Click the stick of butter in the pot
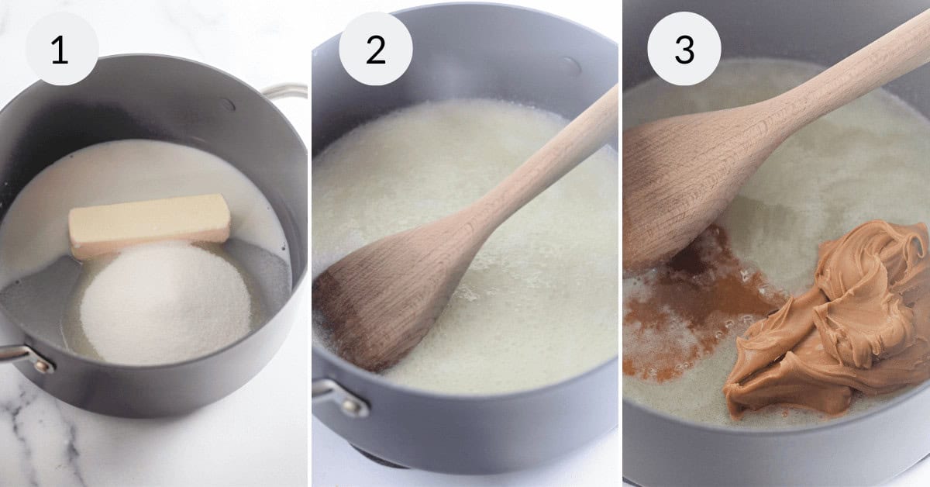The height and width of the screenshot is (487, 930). [149, 223]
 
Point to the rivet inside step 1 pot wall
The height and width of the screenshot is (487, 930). [226, 103]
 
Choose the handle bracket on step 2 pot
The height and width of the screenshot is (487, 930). [341, 396]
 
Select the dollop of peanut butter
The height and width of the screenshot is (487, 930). [829, 318]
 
